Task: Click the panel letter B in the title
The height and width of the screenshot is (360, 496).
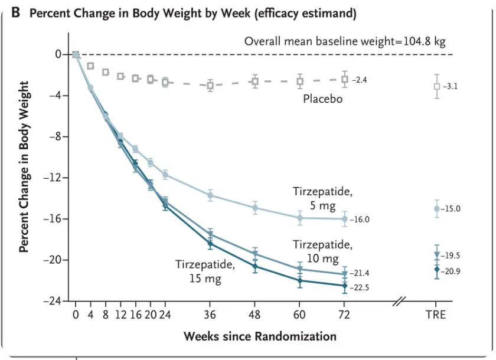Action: pos(16,13)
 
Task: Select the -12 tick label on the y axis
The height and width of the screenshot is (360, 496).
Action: pos(54,178)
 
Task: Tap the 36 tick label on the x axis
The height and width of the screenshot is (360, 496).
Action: pos(210,314)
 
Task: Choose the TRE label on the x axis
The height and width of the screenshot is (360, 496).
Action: pos(436,314)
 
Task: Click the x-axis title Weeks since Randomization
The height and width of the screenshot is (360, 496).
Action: pos(260,336)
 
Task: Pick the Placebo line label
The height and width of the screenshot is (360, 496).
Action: pos(322,99)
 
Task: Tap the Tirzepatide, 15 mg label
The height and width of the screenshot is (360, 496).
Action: pos(205,271)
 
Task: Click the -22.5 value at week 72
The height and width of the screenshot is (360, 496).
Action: pos(361,288)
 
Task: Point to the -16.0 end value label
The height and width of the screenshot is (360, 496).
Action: pos(360,220)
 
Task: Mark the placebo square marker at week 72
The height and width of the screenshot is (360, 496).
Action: pos(345,78)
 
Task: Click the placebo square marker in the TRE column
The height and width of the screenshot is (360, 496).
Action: pos(437,86)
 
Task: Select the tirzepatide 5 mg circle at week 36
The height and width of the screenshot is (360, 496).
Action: pos(210,195)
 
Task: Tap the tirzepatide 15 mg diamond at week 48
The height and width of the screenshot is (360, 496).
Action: pos(255,266)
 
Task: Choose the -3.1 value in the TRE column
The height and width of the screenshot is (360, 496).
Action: pos(451,86)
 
